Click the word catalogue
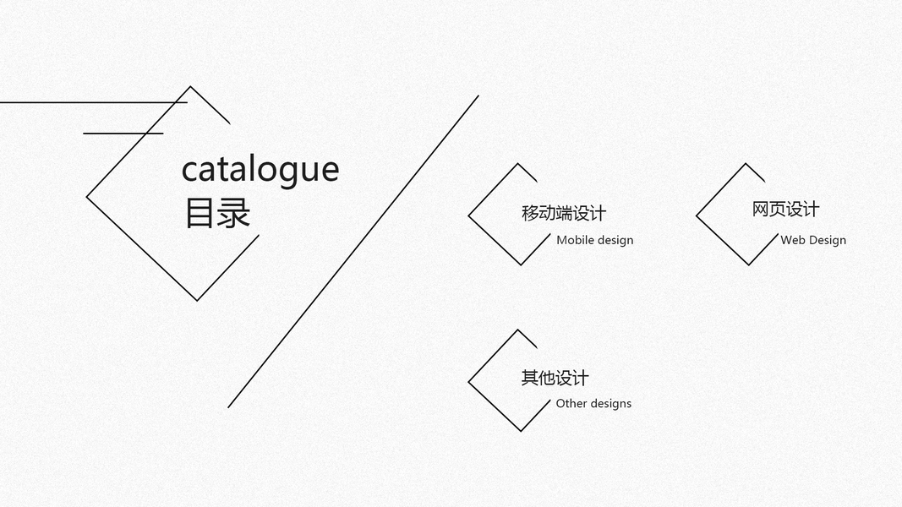pyautogui.click(x=260, y=170)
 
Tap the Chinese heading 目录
pyautogui.click(x=217, y=213)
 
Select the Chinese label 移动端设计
pyautogui.click(x=564, y=213)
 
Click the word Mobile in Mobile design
pyautogui.click(x=575, y=240)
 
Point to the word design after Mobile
pyautogui.click(x=615, y=240)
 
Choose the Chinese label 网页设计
pyautogui.click(x=785, y=210)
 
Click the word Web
pyautogui.click(x=792, y=240)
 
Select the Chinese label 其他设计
pyautogui.click(x=555, y=378)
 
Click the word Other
pyautogui.click(x=571, y=404)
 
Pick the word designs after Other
pyautogui.click(x=610, y=404)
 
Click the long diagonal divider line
pyautogui.click(x=353, y=251)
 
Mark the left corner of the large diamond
pyautogui.click(x=87, y=198)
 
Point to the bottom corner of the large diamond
pyautogui.click(x=198, y=300)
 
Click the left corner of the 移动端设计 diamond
pyautogui.click(x=469, y=215)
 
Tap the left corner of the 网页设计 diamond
pyautogui.click(x=697, y=215)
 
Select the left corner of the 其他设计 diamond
pyautogui.click(x=469, y=382)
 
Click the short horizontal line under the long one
pyautogui.click(x=123, y=134)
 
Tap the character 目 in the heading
pyautogui.click(x=198, y=213)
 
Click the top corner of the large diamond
pyautogui.click(x=190, y=86)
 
